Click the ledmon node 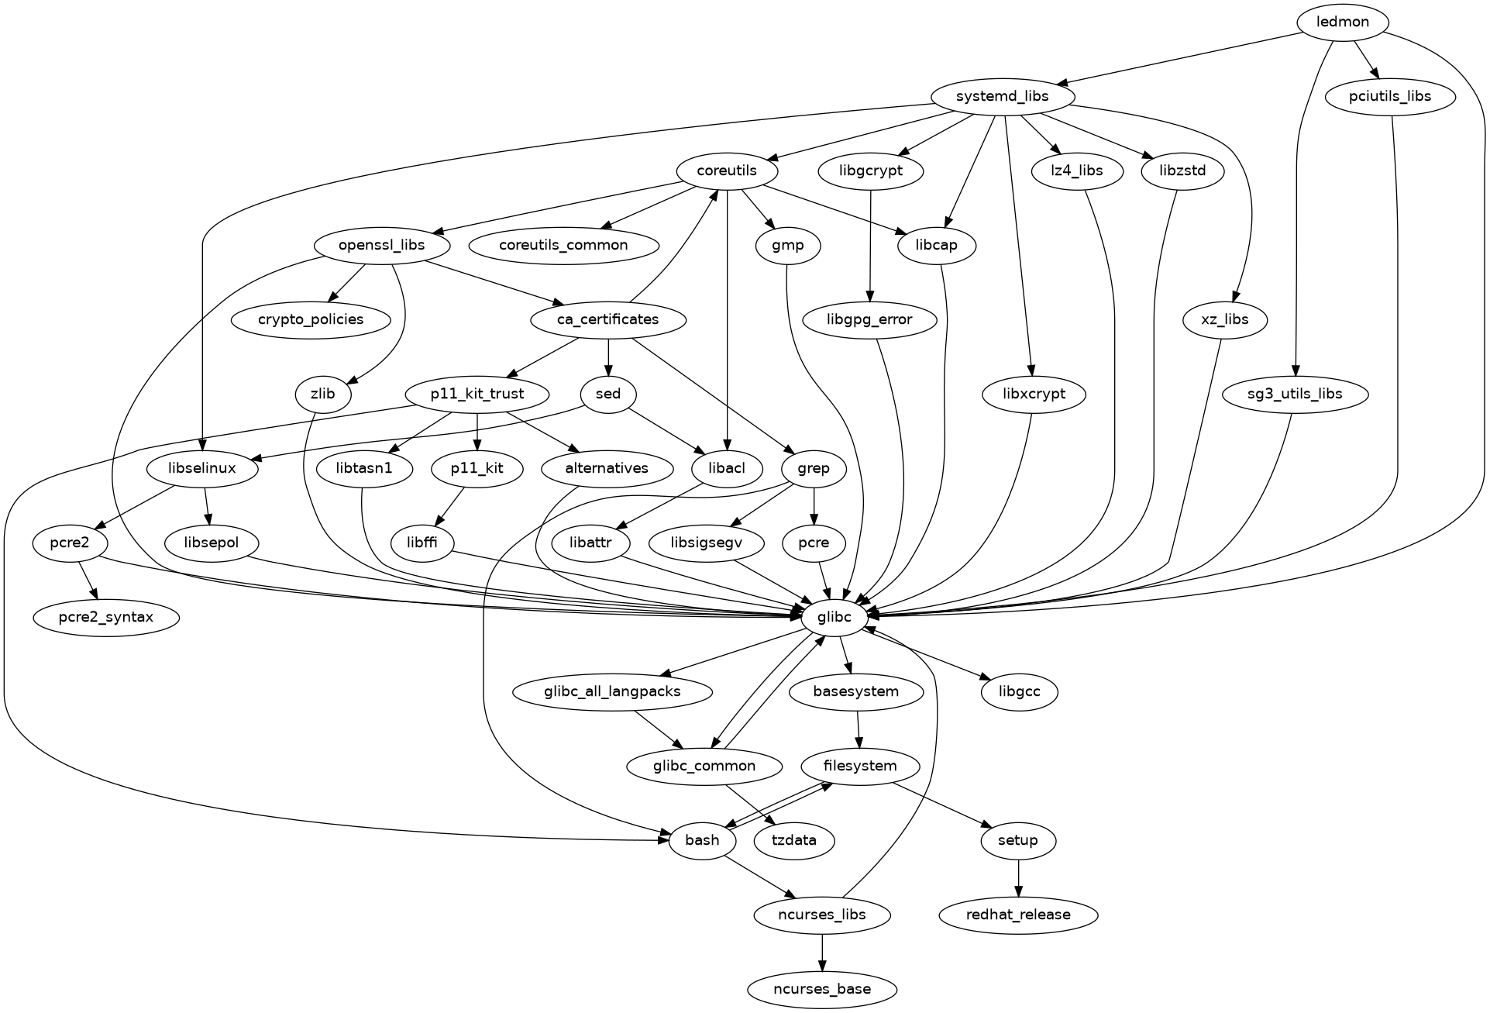(x=1342, y=22)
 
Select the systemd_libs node (x=1002, y=96)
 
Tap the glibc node (x=833, y=617)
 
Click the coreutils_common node (x=563, y=245)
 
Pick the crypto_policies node (x=311, y=319)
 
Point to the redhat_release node (x=1017, y=915)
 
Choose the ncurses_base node (x=822, y=989)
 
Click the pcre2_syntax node (x=105, y=617)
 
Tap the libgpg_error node (x=869, y=319)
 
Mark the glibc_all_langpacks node (x=612, y=691)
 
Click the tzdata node (x=794, y=840)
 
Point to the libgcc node (x=1019, y=691)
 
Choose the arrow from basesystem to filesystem (x=858, y=729)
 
